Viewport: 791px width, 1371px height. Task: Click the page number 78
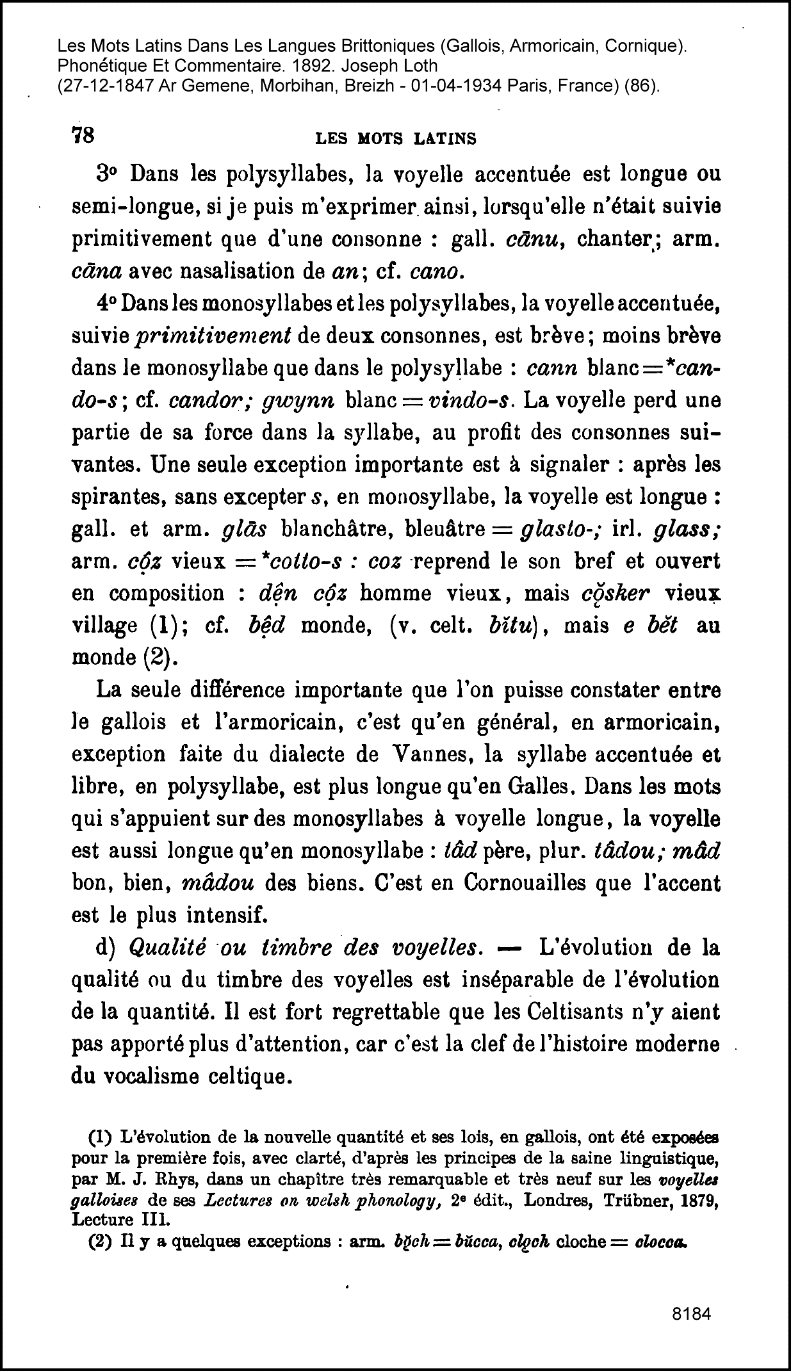point(83,136)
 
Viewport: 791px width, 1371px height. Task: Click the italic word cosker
point(616,593)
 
